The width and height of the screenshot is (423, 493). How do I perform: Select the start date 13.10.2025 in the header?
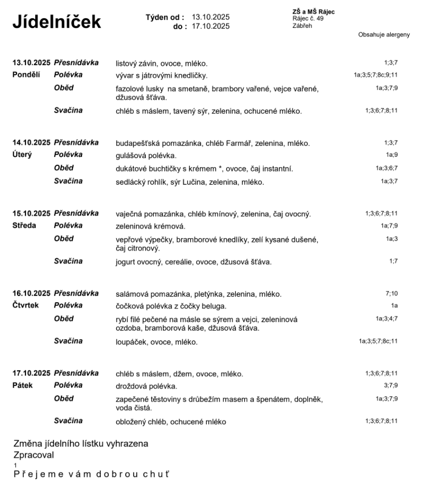tap(211, 17)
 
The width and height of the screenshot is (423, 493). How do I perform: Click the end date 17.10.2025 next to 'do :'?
tap(211, 26)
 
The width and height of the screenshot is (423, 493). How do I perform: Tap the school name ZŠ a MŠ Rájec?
tap(313, 12)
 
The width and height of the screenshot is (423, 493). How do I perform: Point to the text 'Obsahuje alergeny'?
tap(384, 35)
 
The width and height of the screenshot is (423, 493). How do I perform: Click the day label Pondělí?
tap(26, 75)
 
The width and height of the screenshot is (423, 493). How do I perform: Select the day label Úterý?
tap(22, 155)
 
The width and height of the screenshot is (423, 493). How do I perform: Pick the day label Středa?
tap(24, 226)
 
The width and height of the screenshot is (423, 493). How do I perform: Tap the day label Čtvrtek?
tap(26, 306)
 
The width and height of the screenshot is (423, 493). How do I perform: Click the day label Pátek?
tap(22, 385)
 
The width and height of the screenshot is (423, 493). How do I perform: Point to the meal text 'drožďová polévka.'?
tap(146, 386)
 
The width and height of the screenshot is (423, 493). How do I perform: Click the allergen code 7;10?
tap(391, 293)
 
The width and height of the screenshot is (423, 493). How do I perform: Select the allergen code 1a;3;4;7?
tap(387, 318)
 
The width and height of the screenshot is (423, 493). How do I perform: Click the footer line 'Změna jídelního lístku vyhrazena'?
tap(81, 444)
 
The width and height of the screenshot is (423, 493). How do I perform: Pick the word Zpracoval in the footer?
tap(34, 454)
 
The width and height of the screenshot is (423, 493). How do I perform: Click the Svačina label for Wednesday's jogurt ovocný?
tap(68, 261)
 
